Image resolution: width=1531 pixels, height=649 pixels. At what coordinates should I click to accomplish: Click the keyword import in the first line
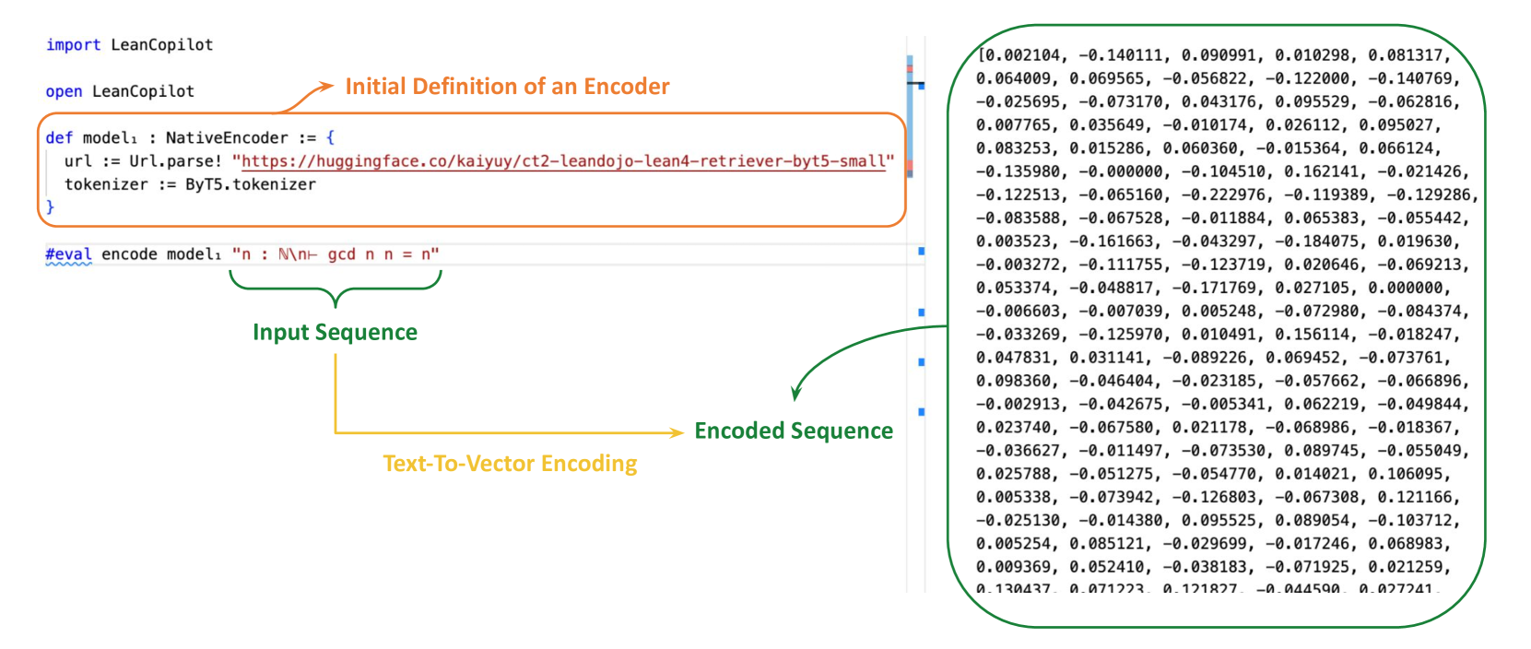(x=73, y=45)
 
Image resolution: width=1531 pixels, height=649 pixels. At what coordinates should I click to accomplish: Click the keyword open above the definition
(x=64, y=91)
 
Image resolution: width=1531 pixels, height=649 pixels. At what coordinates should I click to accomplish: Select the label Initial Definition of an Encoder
(x=507, y=87)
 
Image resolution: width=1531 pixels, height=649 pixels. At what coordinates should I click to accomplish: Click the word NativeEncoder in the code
(x=227, y=138)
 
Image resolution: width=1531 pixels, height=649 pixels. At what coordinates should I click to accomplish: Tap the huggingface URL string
(x=563, y=161)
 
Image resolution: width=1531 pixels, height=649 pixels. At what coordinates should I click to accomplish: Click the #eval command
(x=68, y=254)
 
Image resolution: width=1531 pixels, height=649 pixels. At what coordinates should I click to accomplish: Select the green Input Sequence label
(x=335, y=333)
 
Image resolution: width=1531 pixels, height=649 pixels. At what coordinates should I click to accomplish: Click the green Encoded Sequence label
(x=794, y=431)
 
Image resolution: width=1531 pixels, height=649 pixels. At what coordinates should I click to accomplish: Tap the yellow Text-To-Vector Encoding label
(x=510, y=464)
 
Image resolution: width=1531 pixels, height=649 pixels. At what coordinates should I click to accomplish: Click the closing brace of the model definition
(x=50, y=207)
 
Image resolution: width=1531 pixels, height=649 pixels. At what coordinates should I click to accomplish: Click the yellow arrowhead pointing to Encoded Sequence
(x=676, y=431)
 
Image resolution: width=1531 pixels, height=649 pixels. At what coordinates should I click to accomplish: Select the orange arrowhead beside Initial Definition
(x=325, y=87)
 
